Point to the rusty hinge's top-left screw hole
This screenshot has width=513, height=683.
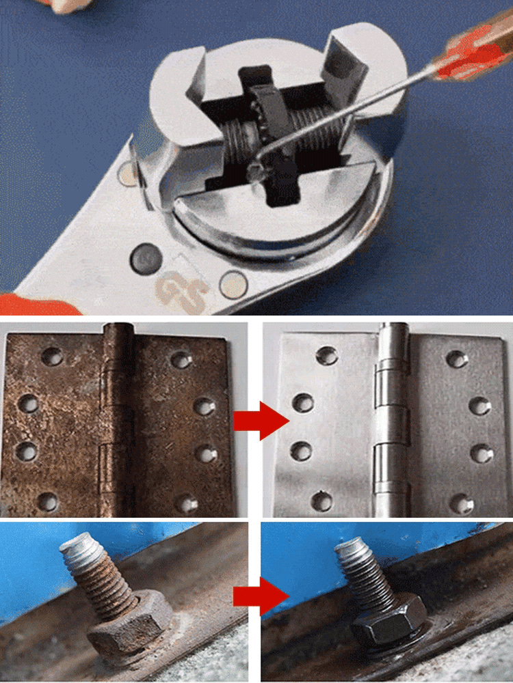50,355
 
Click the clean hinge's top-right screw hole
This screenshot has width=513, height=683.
458,359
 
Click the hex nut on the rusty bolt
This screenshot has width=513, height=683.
130,625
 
